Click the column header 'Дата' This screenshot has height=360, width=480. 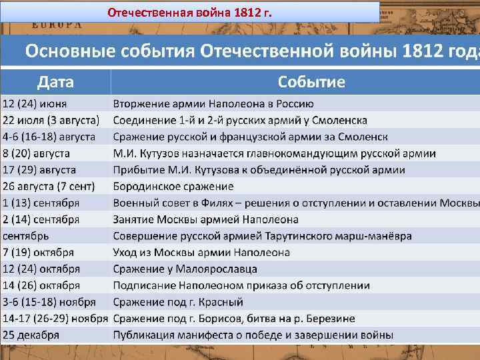(x=55, y=82)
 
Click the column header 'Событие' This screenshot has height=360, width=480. (x=311, y=82)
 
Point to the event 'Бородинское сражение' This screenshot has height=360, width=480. (x=173, y=186)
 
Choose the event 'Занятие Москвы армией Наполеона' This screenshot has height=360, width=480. (x=205, y=219)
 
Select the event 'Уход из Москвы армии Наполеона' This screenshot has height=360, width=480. (x=201, y=253)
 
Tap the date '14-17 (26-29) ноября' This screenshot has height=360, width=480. (x=55, y=319)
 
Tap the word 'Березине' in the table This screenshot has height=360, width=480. (x=332, y=319)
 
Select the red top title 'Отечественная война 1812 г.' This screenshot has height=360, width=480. (x=190, y=13)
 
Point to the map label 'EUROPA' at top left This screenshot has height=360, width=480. (x=57, y=25)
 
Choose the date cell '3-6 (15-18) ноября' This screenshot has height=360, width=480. (x=49, y=302)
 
